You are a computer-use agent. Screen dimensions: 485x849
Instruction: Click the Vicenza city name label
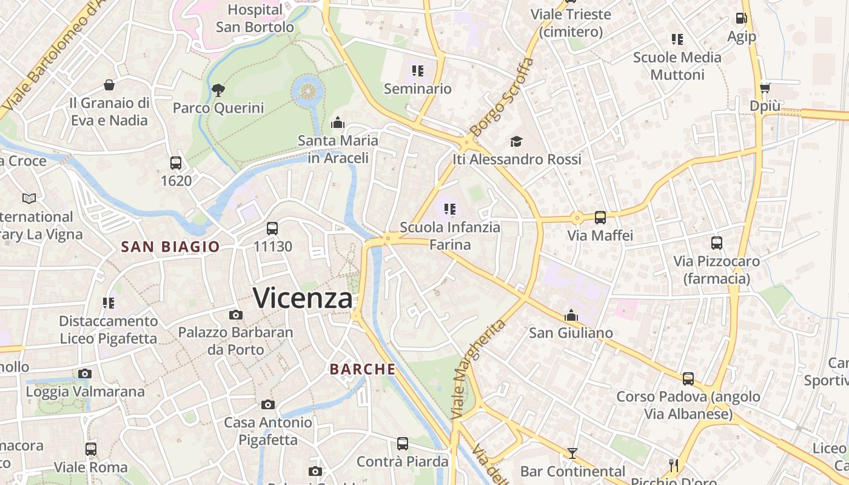302,298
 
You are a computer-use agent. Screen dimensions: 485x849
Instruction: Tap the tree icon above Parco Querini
218,91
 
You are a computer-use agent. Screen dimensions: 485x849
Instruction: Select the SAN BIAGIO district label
170,247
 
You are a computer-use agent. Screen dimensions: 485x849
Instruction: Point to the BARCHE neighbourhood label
363,369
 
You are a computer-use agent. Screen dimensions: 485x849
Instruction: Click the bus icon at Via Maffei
600,218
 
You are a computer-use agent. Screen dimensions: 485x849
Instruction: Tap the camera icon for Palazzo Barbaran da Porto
235,315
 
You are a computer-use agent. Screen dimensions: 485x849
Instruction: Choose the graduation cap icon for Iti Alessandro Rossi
516,141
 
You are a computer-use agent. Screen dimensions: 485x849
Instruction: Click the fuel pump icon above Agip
741,19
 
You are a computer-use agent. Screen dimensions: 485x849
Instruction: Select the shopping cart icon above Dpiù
765,88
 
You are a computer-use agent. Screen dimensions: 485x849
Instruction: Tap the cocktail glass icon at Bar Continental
572,453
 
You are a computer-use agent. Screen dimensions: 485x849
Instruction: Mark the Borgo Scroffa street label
502,97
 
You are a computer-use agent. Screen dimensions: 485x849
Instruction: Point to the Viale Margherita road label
478,369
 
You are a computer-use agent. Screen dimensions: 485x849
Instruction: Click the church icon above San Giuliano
571,315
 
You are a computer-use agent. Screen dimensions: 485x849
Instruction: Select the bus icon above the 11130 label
272,229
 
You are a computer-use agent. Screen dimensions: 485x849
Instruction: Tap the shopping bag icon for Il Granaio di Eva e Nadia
109,84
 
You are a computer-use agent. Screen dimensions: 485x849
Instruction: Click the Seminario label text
418,89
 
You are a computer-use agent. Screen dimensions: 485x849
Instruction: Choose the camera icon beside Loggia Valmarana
85,373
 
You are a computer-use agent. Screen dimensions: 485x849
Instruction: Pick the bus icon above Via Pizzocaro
716,243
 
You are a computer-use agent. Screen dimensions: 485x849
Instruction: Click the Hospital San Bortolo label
255,18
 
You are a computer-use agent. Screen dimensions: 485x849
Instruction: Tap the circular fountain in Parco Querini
309,90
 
